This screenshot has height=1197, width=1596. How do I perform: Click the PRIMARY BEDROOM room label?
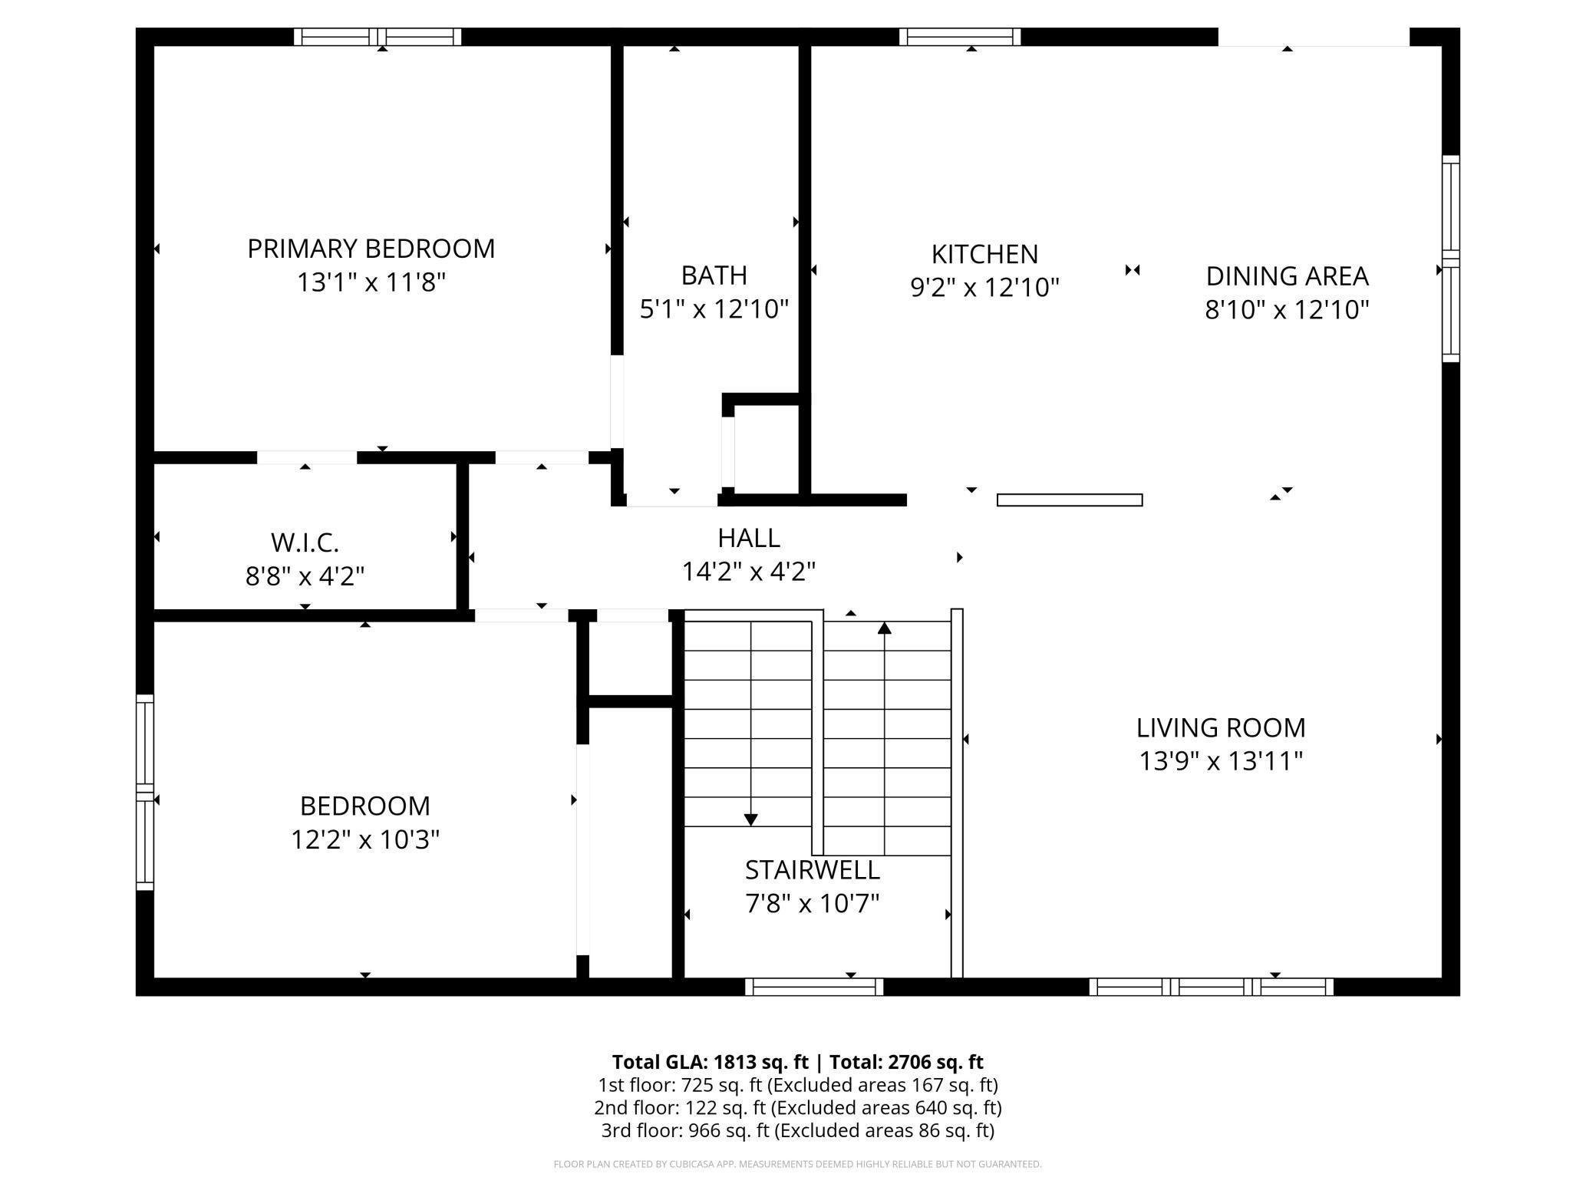pyautogui.click(x=371, y=249)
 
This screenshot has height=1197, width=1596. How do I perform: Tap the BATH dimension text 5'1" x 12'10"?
pyautogui.click(x=714, y=309)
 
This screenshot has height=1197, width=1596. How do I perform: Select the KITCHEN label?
pyautogui.click(x=984, y=254)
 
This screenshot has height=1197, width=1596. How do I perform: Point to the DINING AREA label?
pyautogui.click(x=1287, y=276)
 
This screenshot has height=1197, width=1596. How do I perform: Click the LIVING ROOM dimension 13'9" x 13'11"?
pyautogui.click(x=1221, y=761)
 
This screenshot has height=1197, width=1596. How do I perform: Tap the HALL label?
pyautogui.click(x=749, y=538)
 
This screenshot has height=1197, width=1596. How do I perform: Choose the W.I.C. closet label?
pyautogui.click(x=305, y=542)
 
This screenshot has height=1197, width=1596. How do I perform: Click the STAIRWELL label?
pyautogui.click(x=813, y=870)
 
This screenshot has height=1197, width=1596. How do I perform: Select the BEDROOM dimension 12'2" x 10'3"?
pyautogui.click(x=365, y=839)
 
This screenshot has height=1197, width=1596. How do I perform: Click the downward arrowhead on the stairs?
pyautogui.click(x=750, y=819)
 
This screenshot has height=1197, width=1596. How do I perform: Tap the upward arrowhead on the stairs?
pyautogui.click(x=885, y=628)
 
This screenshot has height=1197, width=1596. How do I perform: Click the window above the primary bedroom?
pyautogui.click(x=378, y=37)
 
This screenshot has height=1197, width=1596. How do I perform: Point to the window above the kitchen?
pyautogui.click(x=960, y=37)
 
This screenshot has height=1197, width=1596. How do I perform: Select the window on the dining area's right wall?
pyautogui.click(x=1450, y=259)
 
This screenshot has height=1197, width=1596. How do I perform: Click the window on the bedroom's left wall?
pyautogui.click(x=145, y=793)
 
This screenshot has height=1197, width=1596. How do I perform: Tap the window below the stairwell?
pyautogui.click(x=814, y=987)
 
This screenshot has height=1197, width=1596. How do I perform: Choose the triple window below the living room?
pyautogui.click(x=1212, y=987)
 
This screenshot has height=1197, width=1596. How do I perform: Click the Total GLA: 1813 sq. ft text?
pyautogui.click(x=711, y=1062)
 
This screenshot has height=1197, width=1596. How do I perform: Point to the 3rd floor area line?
pyautogui.click(x=798, y=1130)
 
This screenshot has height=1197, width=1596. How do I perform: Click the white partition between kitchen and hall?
pyautogui.click(x=1070, y=500)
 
